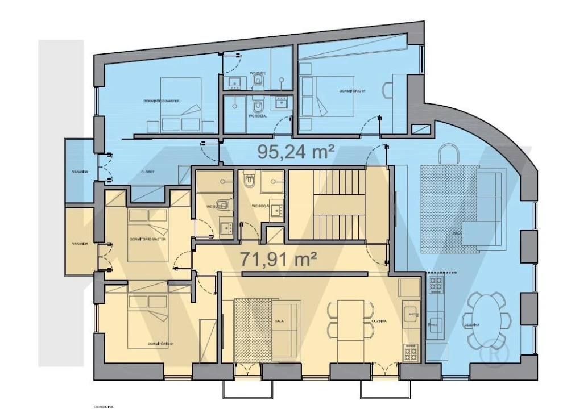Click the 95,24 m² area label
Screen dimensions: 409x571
coord(295,151)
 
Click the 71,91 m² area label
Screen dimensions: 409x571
coord(278,259)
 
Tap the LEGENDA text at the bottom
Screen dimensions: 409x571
coord(104,407)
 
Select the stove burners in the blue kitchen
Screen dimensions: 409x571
coord(437,283)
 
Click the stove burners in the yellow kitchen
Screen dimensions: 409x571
coord(410,353)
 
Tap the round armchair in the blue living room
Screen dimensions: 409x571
coord(450,154)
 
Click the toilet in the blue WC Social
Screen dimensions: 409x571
coord(257,106)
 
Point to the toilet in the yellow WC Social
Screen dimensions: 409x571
coord(249,181)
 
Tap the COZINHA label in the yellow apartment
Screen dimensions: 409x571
coord(380,321)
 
